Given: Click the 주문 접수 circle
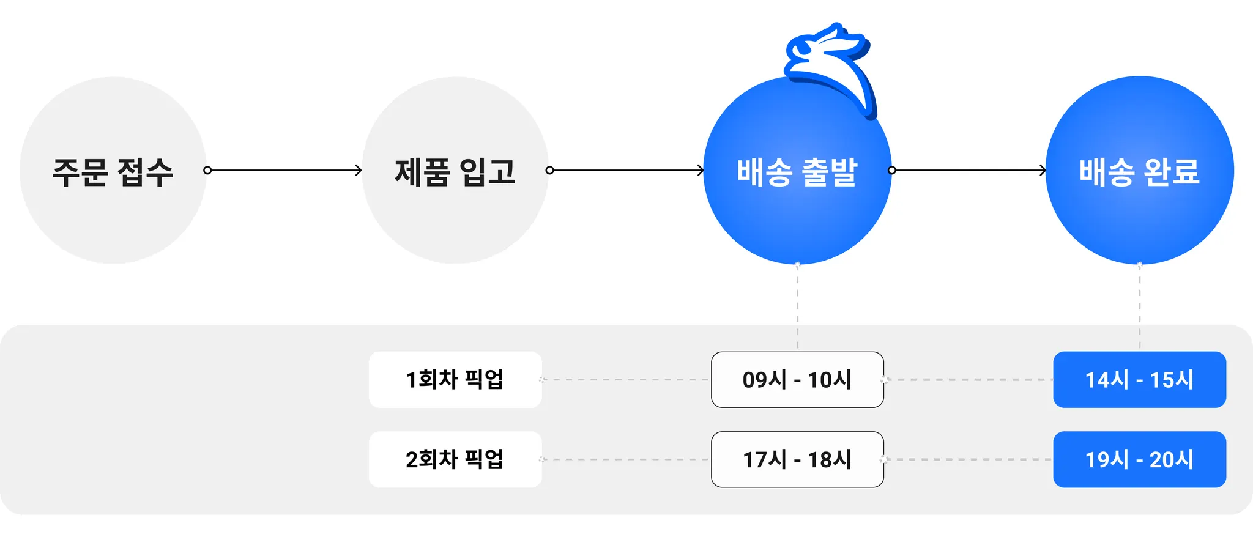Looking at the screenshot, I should (x=113, y=171).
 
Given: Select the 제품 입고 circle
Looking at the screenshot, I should (x=455, y=171).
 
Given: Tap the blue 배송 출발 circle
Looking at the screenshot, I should (x=797, y=183).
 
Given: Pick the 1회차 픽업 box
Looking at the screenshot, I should (x=455, y=380).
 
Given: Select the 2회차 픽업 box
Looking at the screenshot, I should (x=455, y=459).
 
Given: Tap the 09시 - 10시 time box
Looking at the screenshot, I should (x=797, y=380).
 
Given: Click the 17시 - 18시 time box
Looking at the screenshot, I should (x=797, y=459).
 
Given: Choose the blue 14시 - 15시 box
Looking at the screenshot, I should (x=1139, y=380).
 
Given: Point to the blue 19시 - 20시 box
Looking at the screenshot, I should (x=1139, y=459).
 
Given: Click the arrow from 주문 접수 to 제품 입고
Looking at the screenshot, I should (x=284, y=170).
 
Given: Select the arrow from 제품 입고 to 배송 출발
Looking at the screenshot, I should (x=626, y=170).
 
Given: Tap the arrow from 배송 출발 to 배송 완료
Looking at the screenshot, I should (x=969, y=170).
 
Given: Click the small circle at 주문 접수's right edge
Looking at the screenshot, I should (x=207, y=170).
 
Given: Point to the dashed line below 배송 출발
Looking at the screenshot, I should (x=797, y=306).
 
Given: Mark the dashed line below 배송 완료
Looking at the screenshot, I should (x=1139, y=306).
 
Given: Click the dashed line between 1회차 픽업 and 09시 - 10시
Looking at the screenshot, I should (x=626, y=380).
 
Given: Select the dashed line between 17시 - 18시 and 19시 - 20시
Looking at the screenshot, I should (x=969, y=459).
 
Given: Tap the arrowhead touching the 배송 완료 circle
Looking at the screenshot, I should (x=1043, y=170).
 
